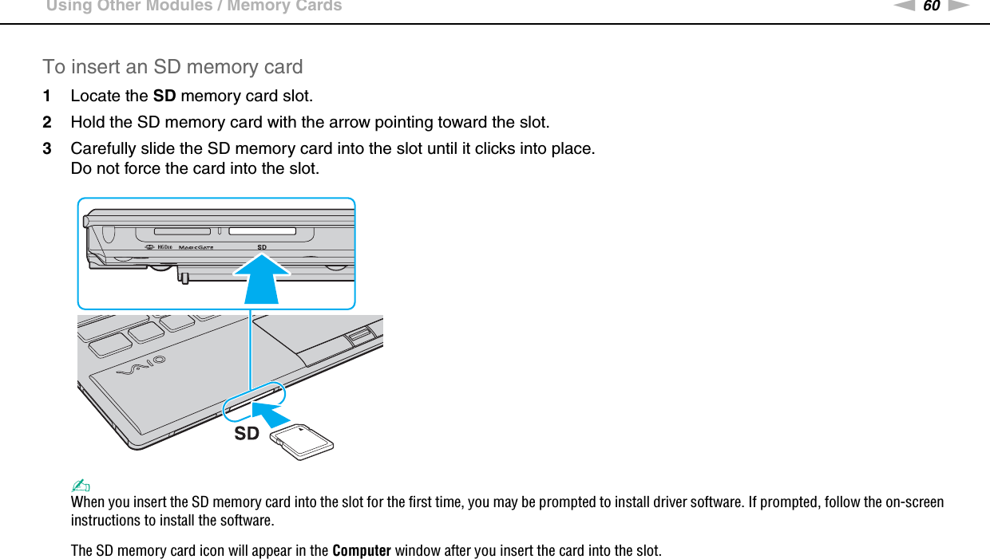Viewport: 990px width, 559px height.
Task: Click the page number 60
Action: pos(931,6)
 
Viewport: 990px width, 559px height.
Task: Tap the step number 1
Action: pos(48,96)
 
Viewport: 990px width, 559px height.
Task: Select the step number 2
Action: pos(48,123)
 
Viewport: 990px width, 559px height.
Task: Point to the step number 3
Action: pos(48,149)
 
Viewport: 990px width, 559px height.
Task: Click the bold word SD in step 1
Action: pos(164,96)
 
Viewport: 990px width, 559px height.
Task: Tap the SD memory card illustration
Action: pos(302,441)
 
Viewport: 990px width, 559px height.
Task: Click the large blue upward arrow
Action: pos(262,278)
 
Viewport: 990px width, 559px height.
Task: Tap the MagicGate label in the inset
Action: pos(196,247)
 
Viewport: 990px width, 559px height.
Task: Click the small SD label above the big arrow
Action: pos(262,247)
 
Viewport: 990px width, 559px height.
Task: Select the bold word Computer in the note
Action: pos(361,551)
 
